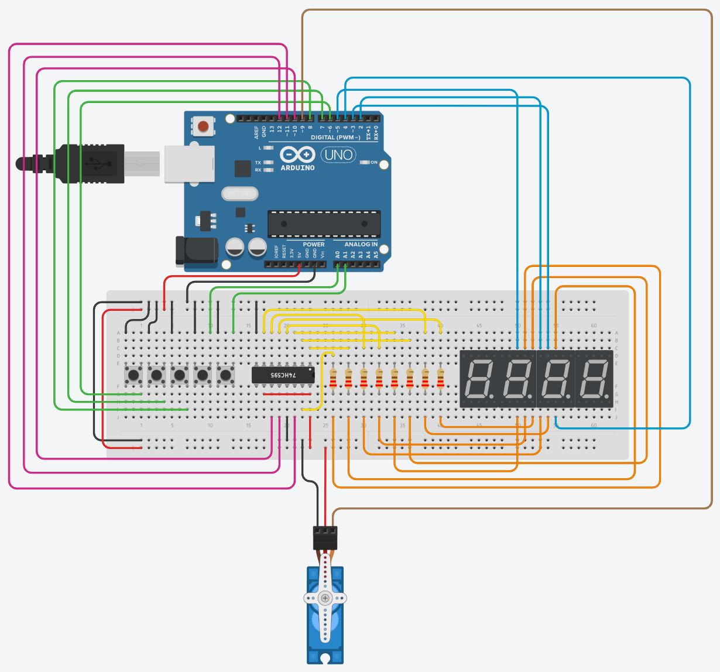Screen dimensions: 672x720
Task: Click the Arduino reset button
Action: [x=203, y=126]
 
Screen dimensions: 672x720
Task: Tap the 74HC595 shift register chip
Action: [x=283, y=375]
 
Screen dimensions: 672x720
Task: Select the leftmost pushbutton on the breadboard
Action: [x=134, y=375]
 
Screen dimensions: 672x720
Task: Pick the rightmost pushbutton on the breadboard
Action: [x=225, y=375]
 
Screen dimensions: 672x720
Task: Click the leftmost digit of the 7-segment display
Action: [x=478, y=379]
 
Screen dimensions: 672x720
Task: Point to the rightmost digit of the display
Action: [x=594, y=379]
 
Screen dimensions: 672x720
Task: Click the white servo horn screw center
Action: [x=325, y=598]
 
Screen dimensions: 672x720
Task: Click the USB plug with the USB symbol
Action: [x=94, y=163]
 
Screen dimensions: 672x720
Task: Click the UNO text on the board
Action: [x=339, y=155]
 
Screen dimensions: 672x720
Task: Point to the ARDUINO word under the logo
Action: [x=297, y=168]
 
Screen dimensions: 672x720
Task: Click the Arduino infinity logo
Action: [x=297, y=155]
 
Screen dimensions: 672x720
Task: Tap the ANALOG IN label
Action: [x=361, y=244]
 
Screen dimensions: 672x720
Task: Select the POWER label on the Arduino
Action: [x=313, y=244]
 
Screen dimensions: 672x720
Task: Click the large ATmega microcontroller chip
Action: [x=324, y=224]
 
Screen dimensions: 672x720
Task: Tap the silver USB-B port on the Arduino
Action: [x=188, y=163]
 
